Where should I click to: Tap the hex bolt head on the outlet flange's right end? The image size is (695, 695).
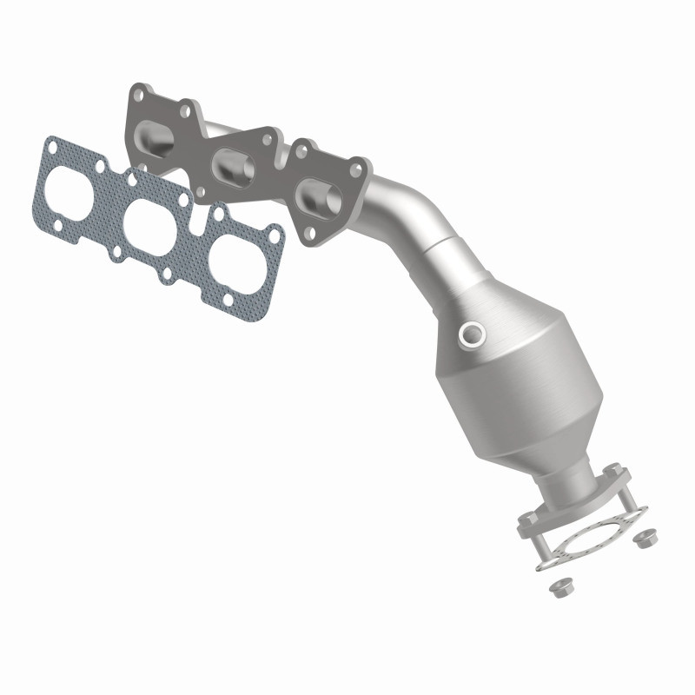pyautogui.click(x=613, y=470)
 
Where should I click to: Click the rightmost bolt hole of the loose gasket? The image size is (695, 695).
pyautogui.click(x=275, y=235)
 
